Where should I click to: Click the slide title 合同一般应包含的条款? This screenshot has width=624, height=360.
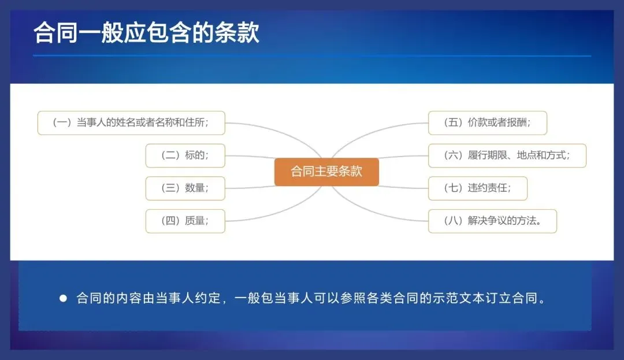click(147, 32)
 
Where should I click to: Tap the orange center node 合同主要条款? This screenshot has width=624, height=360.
click(326, 172)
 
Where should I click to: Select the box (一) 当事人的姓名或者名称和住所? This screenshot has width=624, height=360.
click(131, 123)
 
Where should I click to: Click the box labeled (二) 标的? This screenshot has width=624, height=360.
click(185, 155)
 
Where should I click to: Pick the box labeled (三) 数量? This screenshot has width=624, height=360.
click(185, 188)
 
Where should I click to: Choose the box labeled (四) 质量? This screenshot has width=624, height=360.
click(185, 221)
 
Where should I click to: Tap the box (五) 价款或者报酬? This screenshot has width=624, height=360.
click(487, 123)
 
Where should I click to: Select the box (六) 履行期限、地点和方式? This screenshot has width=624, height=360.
click(507, 155)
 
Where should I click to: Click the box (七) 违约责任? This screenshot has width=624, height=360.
click(477, 188)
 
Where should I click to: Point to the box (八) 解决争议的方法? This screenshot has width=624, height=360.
click(492, 221)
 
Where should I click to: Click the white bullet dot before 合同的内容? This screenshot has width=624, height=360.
click(64, 299)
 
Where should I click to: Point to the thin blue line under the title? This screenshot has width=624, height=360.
click(312, 56)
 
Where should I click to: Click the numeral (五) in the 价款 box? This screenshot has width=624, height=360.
click(454, 123)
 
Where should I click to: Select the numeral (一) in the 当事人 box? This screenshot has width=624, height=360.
click(62, 123)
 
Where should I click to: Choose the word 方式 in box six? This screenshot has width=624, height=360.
click(556, 155)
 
